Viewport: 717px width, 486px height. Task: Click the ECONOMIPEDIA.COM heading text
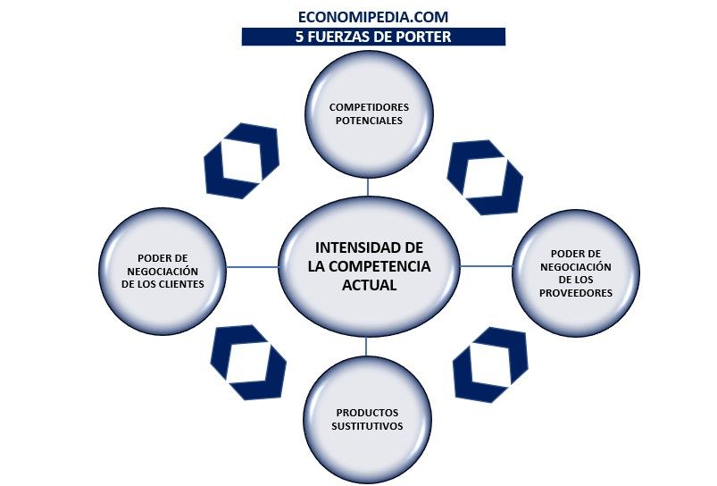[373, 16]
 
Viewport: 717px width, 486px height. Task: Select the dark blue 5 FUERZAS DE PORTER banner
[373, 37]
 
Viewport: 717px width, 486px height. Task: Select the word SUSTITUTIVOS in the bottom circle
[369, 426]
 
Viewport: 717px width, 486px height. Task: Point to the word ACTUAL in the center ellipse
[369, 286]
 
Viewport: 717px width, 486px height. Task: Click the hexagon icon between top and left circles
[241, 161]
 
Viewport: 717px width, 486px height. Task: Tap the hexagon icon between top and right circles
[484, 176]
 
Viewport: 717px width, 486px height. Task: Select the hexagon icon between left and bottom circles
[247, 362]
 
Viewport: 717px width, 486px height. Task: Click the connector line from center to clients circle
[252, 266]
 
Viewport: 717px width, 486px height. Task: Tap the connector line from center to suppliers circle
[486, 266]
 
